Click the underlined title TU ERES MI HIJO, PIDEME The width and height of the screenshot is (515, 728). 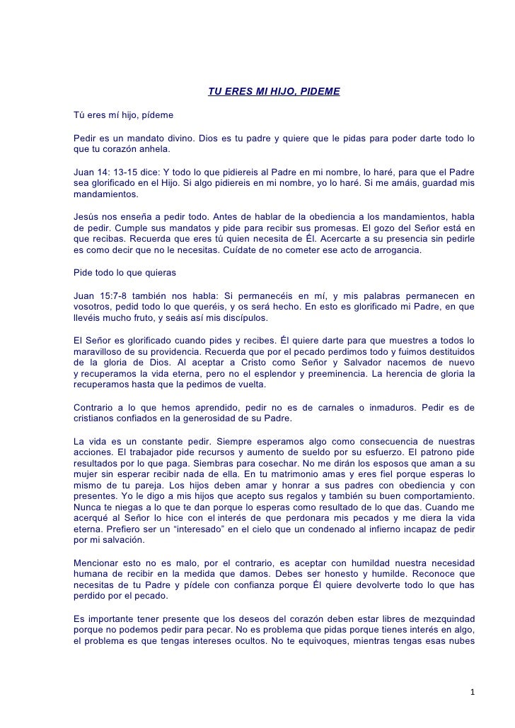tap(274, 92)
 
